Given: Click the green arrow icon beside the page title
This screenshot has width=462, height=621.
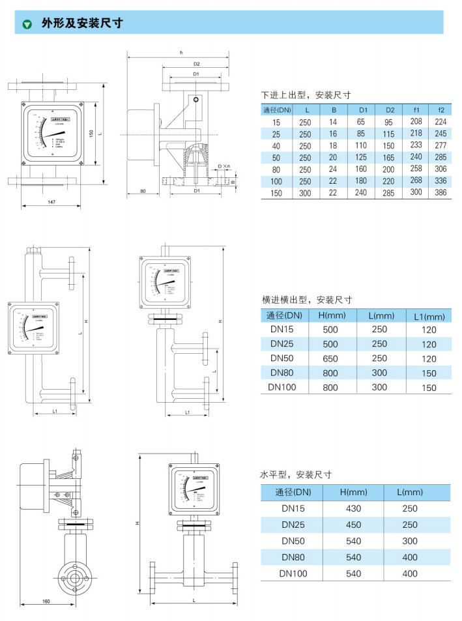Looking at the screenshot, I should [x=27, y=24].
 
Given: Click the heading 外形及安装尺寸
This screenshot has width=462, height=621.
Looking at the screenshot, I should [x=81, y=23].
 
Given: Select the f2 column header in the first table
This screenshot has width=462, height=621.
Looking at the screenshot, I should [x=440, y=109].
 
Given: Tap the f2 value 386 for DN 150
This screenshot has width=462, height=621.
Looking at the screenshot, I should [x=440, y=193].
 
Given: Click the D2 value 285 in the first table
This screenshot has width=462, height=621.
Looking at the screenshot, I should [x=389, y=193].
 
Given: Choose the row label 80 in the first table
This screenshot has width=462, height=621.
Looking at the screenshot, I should [x=276, y=169].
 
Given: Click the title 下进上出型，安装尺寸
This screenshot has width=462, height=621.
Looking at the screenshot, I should [x=306, y=94].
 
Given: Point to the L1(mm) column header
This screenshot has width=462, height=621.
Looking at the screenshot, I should [x=429, y=317].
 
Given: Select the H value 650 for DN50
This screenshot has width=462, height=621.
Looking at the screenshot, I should [x=330, y=358].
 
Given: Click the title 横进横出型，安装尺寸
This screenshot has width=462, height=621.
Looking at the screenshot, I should [x=306, y=300].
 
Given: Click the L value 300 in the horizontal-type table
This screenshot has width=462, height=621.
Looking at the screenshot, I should [x=410, y=541].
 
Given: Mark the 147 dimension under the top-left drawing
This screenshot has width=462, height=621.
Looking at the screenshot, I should [x=51, y=202].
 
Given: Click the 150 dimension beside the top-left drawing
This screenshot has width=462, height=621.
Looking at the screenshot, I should [x=92, y=133].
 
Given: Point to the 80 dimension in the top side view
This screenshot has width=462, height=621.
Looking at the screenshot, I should [x=143, y=192].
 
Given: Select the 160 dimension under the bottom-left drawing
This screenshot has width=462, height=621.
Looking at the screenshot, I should [x=46, y=601].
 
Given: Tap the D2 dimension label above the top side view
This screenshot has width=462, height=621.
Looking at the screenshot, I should [x=196, y=64].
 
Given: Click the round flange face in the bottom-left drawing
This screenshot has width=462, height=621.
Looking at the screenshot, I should [x=76, y=575].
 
